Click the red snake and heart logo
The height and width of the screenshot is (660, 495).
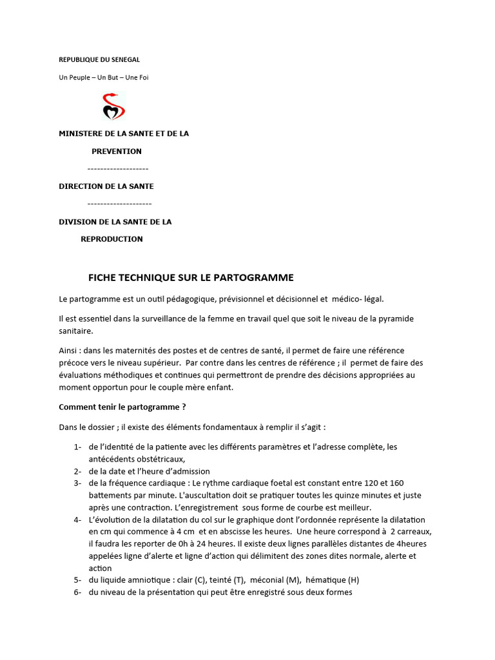[x=113, y=107]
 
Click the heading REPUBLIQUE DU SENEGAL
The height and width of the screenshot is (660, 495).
[x=99, y=59]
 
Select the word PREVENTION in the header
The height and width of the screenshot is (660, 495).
[x=116, y=151]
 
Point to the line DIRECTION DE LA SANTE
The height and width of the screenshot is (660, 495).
[x=106, y=186]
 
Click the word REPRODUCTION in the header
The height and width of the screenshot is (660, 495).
[x=112, y=239]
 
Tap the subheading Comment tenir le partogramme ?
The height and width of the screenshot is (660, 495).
[x=122, y=407]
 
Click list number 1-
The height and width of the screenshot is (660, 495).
[x=77, y=447]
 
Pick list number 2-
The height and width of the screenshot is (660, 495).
[x=77, y=472]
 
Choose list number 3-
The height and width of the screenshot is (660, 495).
[x=77, y=483]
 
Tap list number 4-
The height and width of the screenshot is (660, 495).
[x=77, y=519]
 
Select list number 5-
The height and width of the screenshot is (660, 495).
[x=77, y=581]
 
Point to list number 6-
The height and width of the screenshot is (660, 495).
[x=77, y=593]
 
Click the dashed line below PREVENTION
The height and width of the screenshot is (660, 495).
[x=118, y=169]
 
